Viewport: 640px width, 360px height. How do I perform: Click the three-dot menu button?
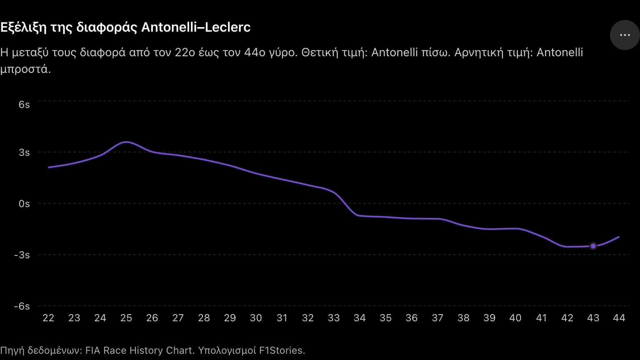click(625, 35)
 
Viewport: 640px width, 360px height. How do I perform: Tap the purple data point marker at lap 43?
click(593, 246)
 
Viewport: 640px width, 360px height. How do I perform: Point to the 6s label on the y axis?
click(24, 105)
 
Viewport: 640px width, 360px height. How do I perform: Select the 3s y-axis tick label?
click(24, 152)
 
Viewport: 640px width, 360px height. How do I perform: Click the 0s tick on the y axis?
click(24, 204)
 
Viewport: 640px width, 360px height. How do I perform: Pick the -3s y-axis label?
click(22, 255)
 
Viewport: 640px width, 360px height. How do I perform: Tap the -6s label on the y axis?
click(22, 306)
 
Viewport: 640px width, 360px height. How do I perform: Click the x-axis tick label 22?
click(48, 318)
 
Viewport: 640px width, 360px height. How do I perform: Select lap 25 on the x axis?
click(126, 318)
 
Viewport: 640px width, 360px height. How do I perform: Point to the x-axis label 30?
click(256, 318)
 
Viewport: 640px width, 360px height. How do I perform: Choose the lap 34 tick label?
click(360, 318)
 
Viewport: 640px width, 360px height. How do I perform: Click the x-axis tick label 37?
click(437, 318)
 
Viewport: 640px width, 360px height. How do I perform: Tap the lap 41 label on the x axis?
click(541, 318)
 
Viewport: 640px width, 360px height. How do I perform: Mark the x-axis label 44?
click(619, 318)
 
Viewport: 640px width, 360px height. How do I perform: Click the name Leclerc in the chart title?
click(228, 27)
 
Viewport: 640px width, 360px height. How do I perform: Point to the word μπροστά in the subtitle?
click(25, 70)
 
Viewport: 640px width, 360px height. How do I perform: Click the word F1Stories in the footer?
click(282, 350)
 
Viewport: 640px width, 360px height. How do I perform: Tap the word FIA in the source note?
click(92, 350)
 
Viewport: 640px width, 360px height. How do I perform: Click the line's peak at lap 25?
click(126, 142)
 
